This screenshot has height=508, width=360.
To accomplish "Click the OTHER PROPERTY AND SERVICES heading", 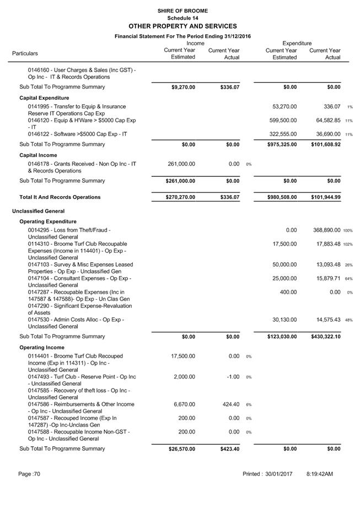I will coord(182,26).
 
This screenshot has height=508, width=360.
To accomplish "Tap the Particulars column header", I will coord(25,53).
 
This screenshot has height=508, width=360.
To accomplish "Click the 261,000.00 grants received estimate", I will coord(181,164).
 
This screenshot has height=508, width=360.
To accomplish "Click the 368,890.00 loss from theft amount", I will coord(326,230).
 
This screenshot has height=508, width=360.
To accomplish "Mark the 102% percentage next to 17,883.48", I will coord(348,244).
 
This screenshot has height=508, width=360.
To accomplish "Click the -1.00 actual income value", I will coord(232,377).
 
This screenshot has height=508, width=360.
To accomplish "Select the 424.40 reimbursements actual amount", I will coord(229,404).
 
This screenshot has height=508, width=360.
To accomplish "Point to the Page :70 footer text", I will coord(29,474).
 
